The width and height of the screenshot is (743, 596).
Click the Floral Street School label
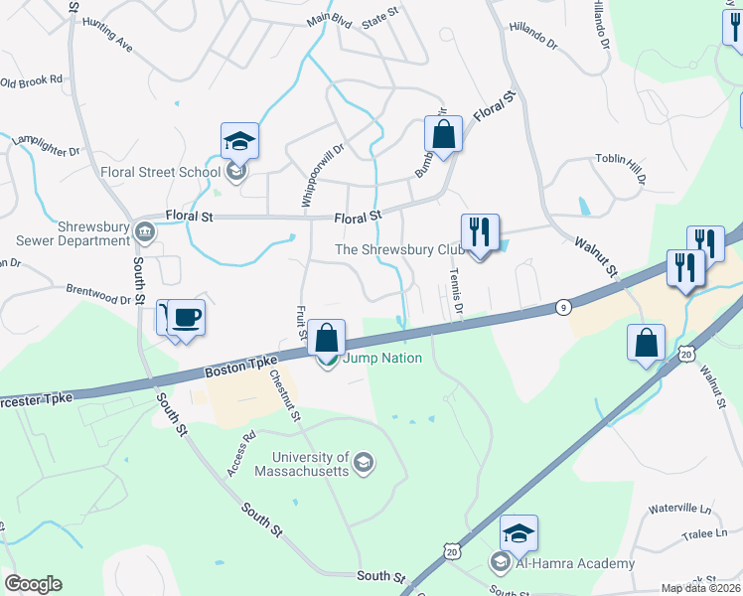[x=160, y=172]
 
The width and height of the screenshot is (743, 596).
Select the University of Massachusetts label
[x=311, y=464]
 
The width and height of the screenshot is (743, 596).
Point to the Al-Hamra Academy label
[x=574, y=563]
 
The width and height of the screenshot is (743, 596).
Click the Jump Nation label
[x=382, y=359]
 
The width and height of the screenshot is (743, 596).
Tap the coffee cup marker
[x=186, y=319]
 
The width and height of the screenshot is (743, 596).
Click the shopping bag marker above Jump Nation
[x=326, y=339]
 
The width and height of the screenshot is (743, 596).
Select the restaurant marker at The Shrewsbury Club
[x=480, y=233]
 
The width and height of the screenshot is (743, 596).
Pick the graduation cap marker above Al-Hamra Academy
[x=518, y=534]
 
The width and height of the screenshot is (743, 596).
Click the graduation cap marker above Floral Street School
[x=239, y=142]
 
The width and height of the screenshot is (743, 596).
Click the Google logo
[x=33, y=584]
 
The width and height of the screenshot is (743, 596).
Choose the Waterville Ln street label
[x=680, y=509]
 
